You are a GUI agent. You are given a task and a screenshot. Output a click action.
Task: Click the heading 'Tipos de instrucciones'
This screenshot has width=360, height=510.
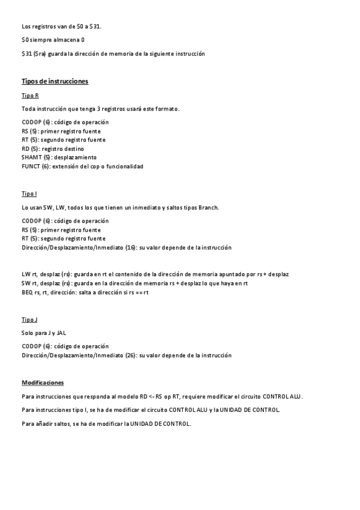coord(55,81)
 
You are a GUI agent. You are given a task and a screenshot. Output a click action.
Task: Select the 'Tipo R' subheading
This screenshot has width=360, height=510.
coord(30,96)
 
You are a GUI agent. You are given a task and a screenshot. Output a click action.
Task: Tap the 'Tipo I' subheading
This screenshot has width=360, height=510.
coord(29,194)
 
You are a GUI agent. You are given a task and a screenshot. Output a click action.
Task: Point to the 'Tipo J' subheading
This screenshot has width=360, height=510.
coord(29,319)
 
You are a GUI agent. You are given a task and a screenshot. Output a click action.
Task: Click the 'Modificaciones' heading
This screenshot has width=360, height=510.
coord(43,382)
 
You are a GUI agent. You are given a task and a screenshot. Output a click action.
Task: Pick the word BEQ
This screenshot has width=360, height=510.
coord(27,292)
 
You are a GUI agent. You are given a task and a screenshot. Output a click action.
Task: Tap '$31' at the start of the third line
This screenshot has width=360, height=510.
coord(26,54)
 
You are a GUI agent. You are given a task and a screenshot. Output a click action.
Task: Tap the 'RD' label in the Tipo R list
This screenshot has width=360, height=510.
coord(25,148)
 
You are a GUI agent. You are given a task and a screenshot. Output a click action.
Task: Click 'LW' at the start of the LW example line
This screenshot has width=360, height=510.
coord(25,274)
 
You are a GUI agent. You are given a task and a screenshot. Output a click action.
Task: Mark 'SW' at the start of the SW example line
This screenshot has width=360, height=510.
coord(25,283)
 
